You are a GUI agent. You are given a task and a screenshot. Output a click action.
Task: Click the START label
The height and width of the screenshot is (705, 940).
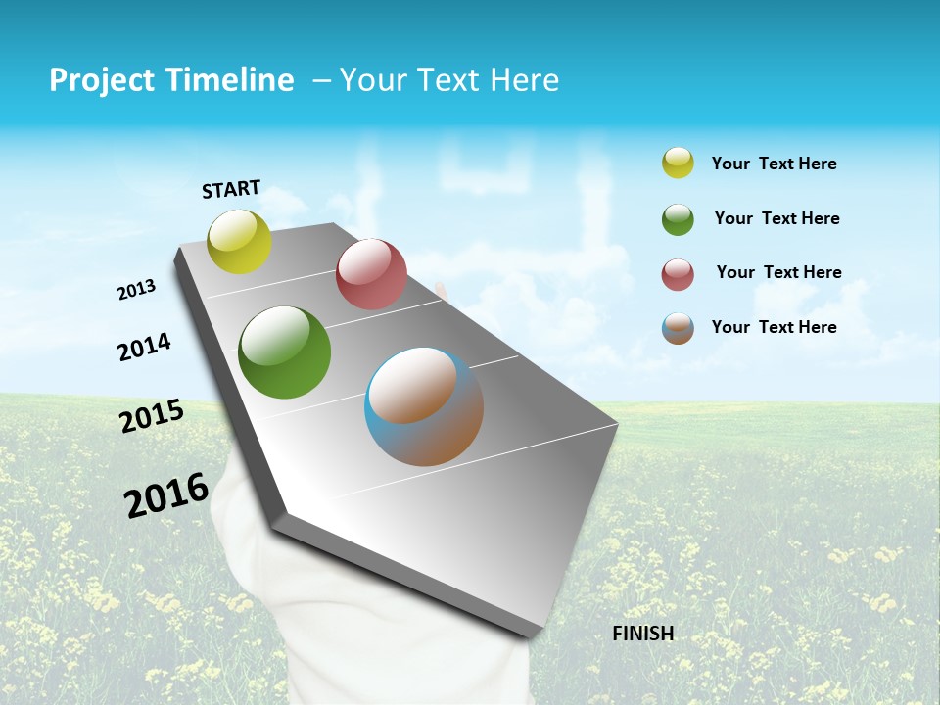[x=231, y=189]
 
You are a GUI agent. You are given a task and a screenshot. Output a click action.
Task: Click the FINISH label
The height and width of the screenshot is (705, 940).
[x=643, y=634]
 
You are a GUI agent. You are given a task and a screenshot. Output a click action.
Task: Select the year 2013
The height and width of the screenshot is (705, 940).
[x=137, y=290]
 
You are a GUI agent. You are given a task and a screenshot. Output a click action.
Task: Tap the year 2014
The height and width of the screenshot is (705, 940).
[x=145, y=348]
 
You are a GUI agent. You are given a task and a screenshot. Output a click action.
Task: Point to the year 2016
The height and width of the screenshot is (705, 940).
[x=166, y=494]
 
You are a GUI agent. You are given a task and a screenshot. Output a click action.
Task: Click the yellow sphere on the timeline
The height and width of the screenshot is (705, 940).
[x=240, y=241]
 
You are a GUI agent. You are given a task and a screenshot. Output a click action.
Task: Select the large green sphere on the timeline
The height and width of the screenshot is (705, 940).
[x=285, y=352]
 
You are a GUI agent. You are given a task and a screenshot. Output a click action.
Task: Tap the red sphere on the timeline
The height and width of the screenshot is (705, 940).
[x=371, y=274]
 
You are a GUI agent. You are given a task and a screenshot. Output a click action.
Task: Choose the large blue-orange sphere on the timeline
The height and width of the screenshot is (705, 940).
[x=424, y=406]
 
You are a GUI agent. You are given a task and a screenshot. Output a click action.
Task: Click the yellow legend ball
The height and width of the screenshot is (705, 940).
[x=678, y=163]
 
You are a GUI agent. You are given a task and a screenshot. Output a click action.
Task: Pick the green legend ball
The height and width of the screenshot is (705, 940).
[x=678, y=219]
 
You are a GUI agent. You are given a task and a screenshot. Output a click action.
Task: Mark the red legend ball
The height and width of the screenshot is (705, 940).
[x=678, y=274]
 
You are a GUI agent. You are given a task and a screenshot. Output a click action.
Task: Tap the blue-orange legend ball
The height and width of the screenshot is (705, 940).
[x=678, y=328]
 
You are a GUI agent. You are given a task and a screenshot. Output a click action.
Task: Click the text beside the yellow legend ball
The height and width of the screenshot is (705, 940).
[x=775, y=164]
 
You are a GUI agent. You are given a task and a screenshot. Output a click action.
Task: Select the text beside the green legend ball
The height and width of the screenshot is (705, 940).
[x=777, y=218]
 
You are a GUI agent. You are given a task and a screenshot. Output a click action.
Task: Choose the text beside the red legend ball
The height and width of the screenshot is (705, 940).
[x=779, y=272]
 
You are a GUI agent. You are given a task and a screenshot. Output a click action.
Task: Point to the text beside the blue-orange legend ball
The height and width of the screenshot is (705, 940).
[x=775, y=327]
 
